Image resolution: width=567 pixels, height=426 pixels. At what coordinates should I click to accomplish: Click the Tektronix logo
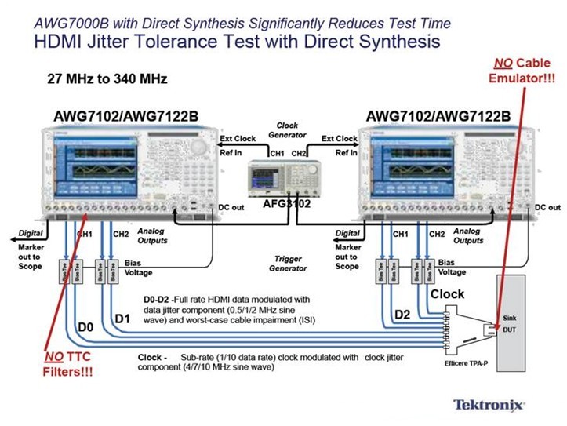(x=490, y=405)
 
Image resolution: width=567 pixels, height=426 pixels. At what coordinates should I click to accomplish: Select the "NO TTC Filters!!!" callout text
(x=62, y=362)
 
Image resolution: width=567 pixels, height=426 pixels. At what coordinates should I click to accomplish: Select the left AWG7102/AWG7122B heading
(x=125, y=117)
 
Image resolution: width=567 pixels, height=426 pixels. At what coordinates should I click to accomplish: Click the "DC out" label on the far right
(x=547, y=207)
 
